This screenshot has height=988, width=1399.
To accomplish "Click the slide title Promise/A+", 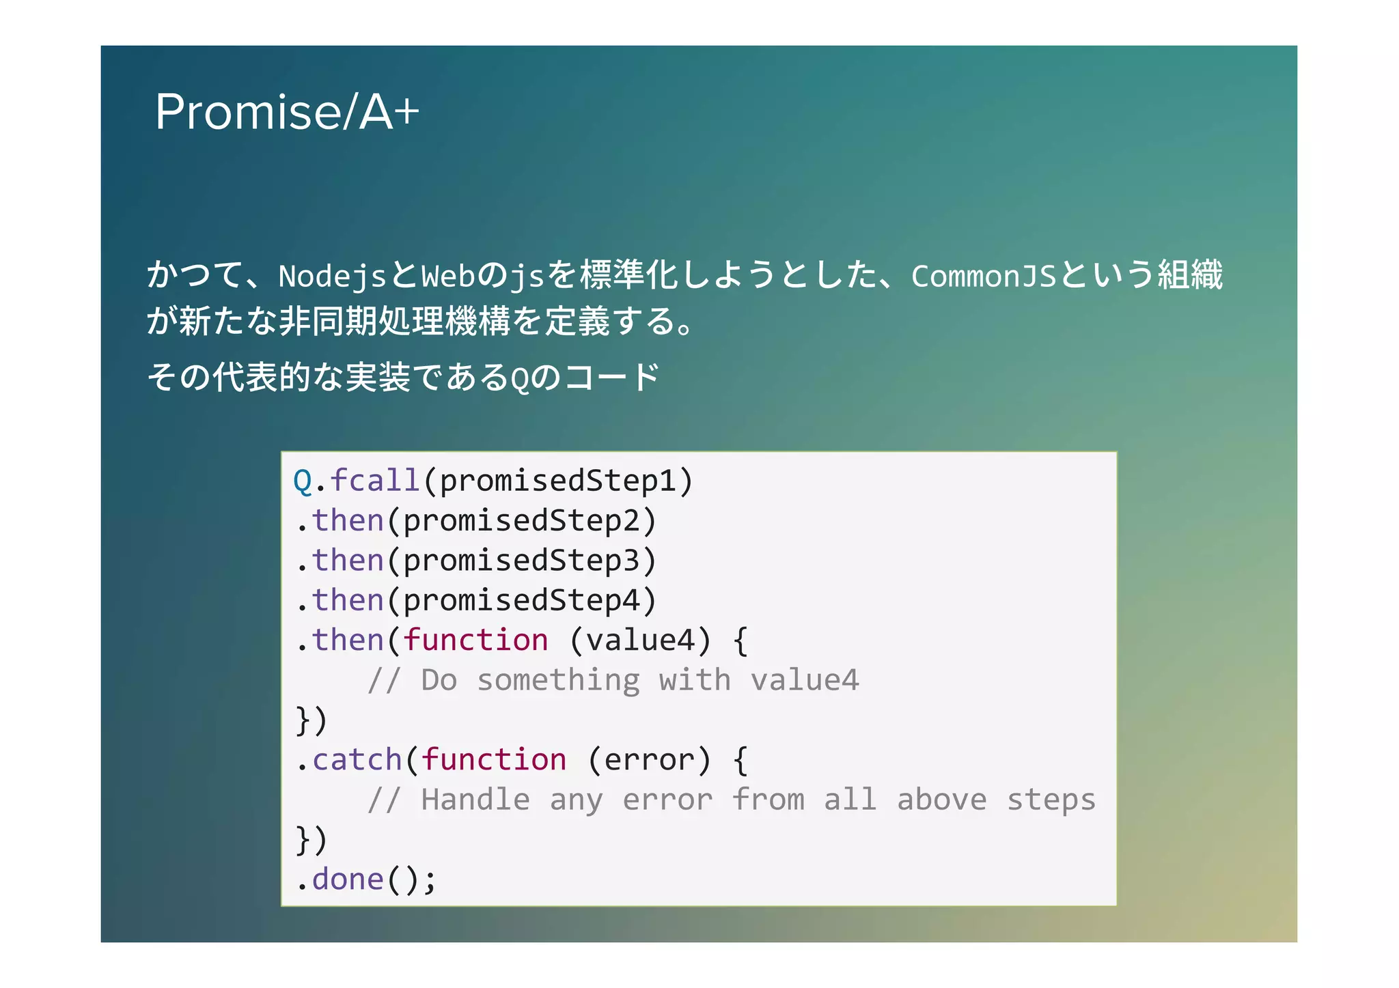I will [287, 112].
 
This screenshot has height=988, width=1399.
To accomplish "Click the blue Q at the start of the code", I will [303, 481].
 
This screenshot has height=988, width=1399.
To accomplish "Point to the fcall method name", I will [375, 481].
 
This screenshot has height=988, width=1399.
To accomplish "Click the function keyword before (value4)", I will [475, 640].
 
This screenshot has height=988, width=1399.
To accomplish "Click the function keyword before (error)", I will [494, 760].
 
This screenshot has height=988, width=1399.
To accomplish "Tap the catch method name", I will [357, 760].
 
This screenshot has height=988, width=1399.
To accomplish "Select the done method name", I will [348, 879].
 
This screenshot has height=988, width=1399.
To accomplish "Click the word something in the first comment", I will [558, 681].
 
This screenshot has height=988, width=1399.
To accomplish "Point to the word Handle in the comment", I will [475, 800].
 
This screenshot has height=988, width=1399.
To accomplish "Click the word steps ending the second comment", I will [1051, 800].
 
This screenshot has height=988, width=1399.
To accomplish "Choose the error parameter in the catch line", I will [649, 760].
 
